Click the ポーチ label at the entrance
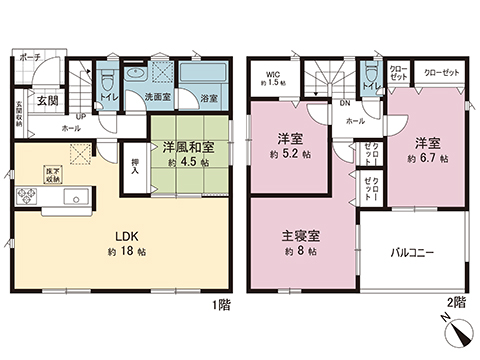[29, 59]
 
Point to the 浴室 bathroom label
[209, 98]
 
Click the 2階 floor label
[457, 302]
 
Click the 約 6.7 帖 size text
[427, 157]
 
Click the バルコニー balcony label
[412, 254]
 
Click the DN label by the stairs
[345, 101]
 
